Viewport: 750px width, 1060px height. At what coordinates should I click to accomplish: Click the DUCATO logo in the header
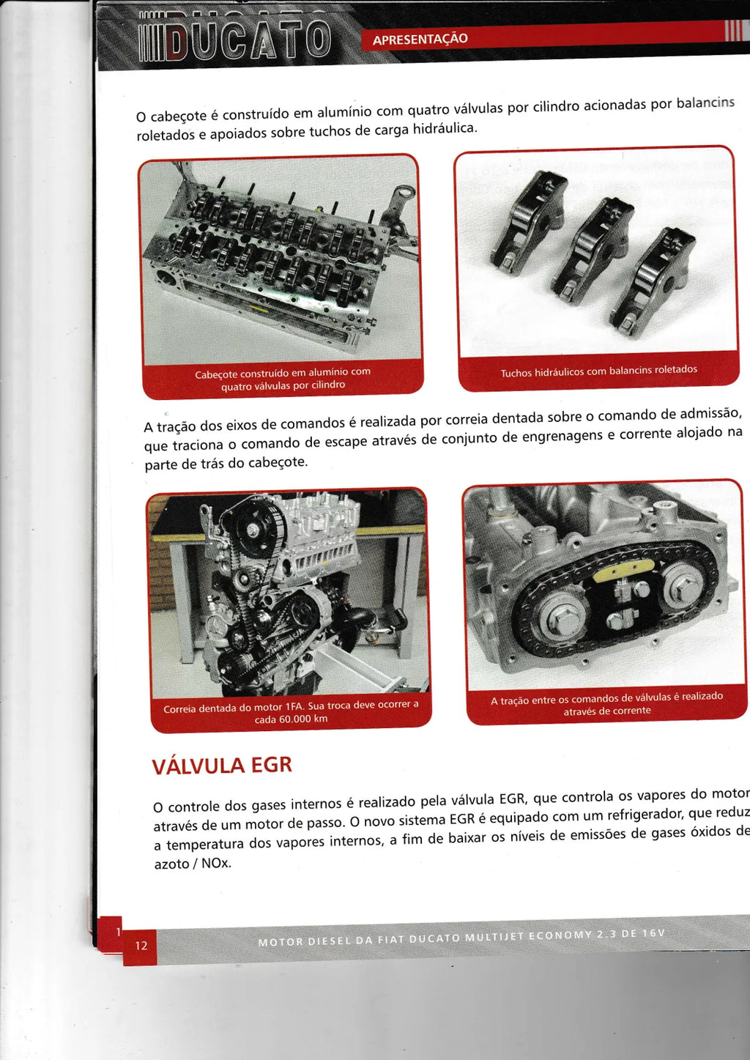[x=234, y=42]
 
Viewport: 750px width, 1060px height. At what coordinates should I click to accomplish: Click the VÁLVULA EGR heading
[x=222, y=766]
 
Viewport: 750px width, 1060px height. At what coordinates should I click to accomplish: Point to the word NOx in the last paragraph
[x=216, y=863]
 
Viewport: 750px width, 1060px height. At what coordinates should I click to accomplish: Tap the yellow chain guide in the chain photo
[x=623, y=571]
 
